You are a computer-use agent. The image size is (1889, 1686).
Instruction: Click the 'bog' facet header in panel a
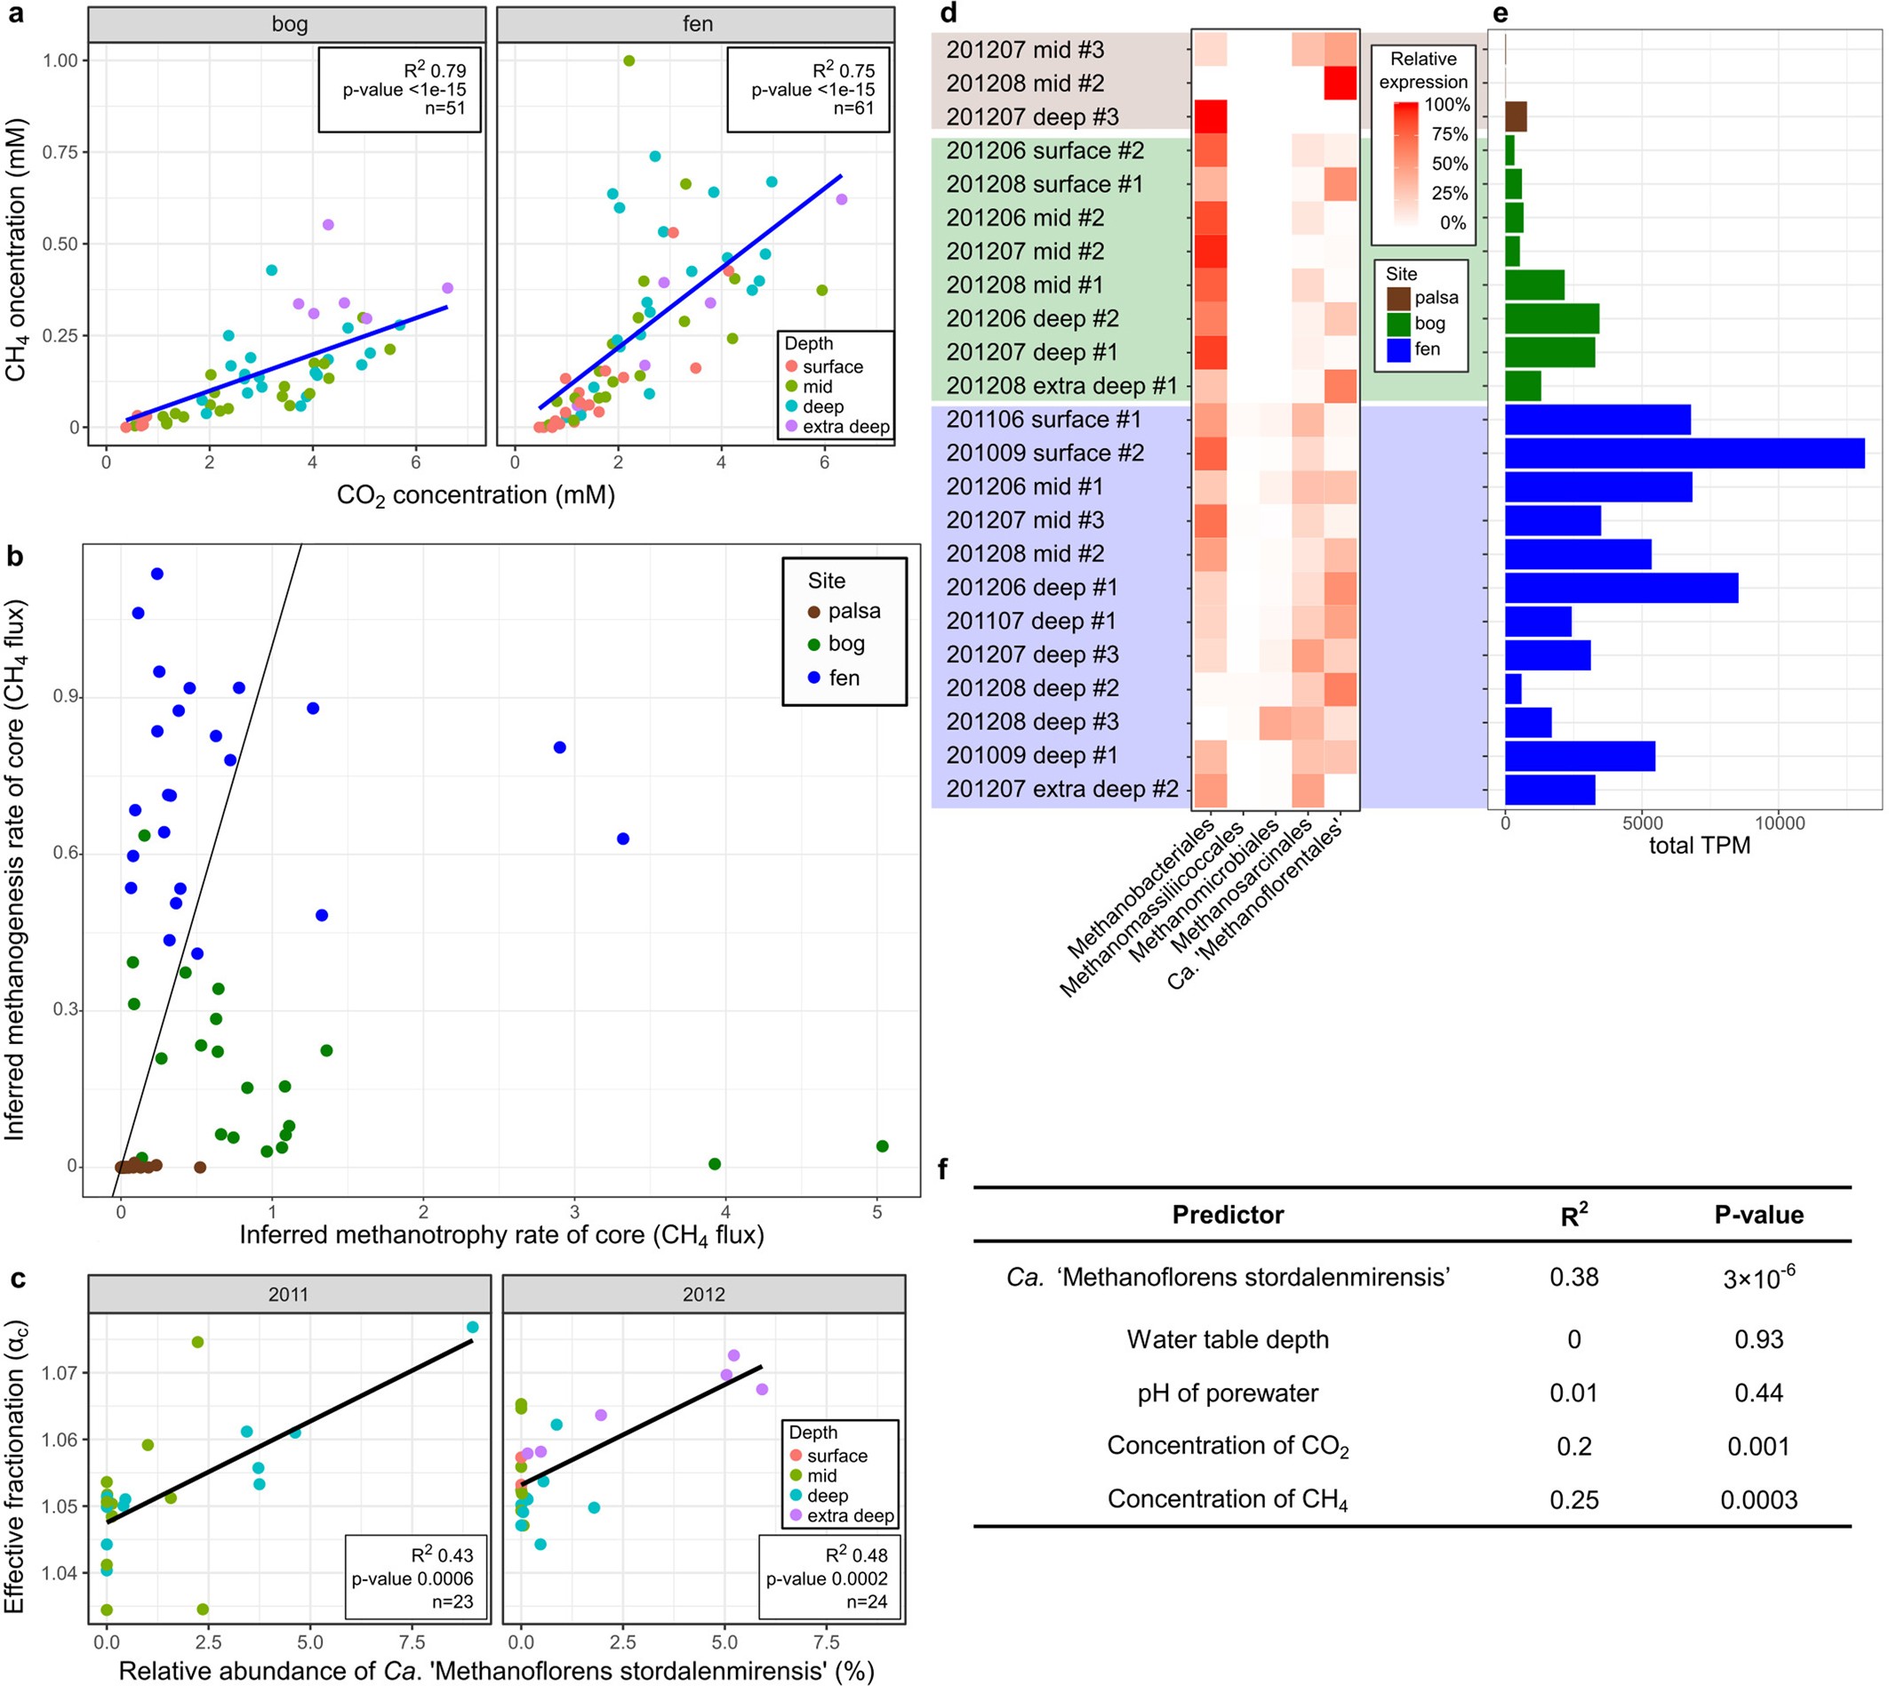(288, 24)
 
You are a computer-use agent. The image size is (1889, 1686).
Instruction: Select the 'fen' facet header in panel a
(696, 24)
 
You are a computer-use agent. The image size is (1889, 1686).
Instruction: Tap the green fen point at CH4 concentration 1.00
(628, 60)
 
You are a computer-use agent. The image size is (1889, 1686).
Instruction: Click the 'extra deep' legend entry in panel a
(845, 427)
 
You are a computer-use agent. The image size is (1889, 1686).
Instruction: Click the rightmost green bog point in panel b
(882, 1146)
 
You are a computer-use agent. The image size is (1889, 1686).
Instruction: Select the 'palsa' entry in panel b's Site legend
(852, 612)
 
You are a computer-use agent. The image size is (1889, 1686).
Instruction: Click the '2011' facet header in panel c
(288, 1294)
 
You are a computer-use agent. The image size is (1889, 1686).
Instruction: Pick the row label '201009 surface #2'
(1045, 453)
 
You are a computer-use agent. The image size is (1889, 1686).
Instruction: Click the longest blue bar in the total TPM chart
(1684, 453)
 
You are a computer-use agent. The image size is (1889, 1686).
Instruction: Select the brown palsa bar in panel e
(1515, 116)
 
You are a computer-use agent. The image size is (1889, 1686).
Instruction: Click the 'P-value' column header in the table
(1757, 1215)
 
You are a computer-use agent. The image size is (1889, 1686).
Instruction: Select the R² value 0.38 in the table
(1573, 1278)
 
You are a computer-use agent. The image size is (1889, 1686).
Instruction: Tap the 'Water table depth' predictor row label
(1227, 1339)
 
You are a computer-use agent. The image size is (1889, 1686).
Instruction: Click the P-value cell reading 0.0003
(1757, 1500)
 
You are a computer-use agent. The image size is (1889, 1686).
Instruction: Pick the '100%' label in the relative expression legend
(1446, 105)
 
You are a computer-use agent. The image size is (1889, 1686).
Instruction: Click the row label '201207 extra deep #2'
(1061, 790)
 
